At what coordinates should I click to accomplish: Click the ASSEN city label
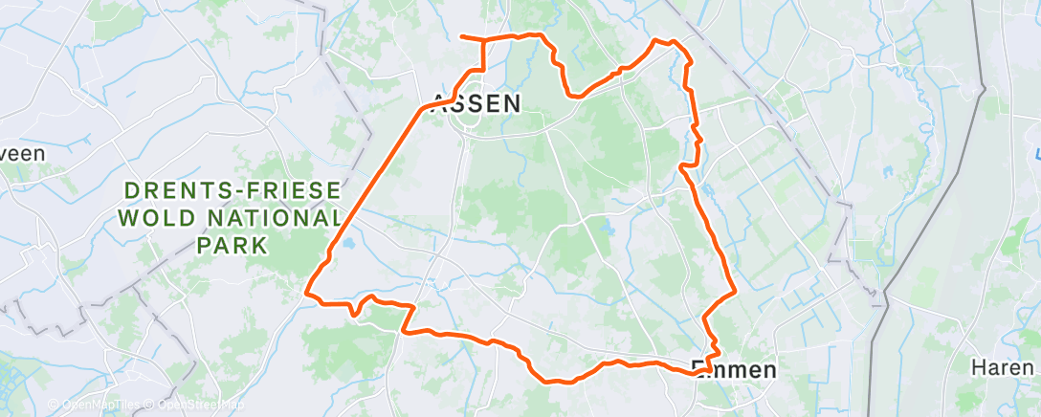476,103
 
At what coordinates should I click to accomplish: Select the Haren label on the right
1002,367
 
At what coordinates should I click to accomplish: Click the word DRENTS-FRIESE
229,190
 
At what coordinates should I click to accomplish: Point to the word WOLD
151,217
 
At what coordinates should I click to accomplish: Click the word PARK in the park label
231,245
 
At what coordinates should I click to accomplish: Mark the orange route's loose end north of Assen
462,36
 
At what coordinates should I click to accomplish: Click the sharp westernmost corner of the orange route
306,292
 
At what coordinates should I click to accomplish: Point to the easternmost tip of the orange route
734,292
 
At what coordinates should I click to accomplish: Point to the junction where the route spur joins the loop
482,40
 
